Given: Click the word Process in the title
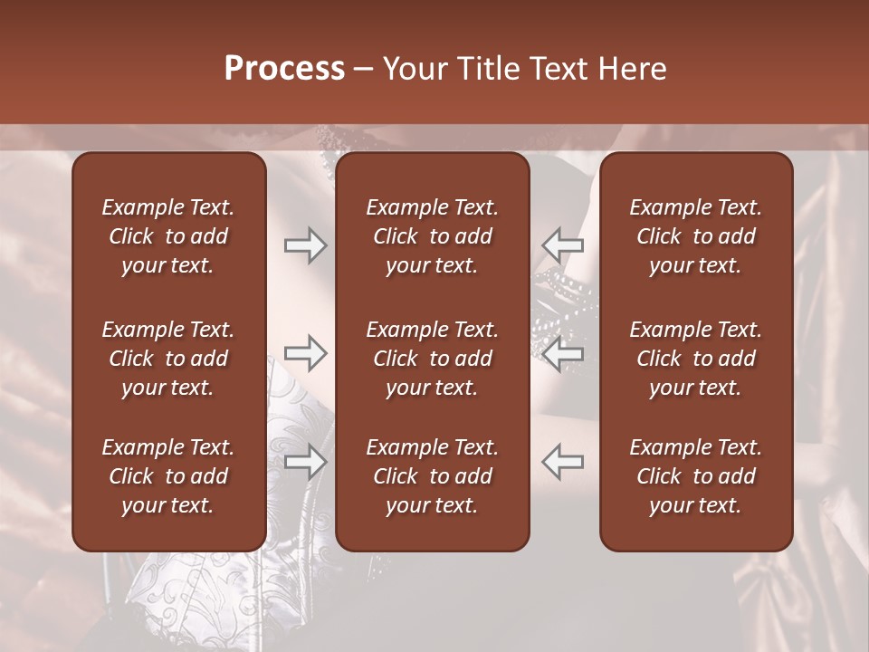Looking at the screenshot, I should pos(284,69).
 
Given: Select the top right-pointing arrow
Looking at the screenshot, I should pos(305,245).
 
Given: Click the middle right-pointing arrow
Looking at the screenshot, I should pos(305,353).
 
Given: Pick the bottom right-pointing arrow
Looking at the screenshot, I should pos(305,462).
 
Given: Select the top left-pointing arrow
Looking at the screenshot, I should pos(563,245).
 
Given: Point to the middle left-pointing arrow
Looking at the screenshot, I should pos(563,353).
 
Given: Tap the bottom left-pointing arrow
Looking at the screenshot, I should pos(563,462).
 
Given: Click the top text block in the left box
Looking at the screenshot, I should pos(168,236).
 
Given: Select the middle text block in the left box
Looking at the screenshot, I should pos(168,359).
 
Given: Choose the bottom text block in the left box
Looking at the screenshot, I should pos(168,476).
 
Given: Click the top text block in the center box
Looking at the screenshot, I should pos(432,236).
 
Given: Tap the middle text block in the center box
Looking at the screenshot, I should pos(432,359).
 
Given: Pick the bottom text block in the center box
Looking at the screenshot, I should pos(432,476).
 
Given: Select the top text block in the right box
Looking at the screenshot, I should pos(695,236).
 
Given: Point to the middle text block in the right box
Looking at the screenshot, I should pos(695,359).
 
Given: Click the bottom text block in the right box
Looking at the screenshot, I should pos(695,476).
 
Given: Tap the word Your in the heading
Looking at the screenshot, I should pos(412,69).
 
